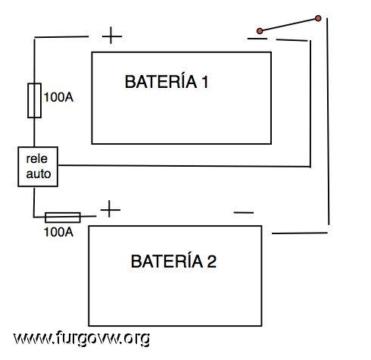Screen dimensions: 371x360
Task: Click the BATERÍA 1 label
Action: (x=167, y=81)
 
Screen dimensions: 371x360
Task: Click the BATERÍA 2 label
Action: (x=173, y=261)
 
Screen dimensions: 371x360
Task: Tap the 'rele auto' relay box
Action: (x=38, y=167)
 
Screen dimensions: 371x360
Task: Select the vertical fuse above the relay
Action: (x=34, y=100)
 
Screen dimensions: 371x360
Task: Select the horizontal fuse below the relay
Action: (x=63, y=218)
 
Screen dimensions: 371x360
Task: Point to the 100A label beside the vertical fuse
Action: (x=58, y=97)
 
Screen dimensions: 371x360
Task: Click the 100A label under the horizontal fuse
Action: (x=58, y=232)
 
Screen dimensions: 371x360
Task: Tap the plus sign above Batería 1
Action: (x=112, y=36)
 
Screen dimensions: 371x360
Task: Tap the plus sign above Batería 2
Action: (x=111, y=209)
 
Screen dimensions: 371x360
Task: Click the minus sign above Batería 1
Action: (x=257, y=39)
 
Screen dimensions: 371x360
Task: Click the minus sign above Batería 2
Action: (x=244, y=212)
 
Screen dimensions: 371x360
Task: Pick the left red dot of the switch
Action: (x=260, y=31)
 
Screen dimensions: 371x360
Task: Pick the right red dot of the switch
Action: (x=318, y=18)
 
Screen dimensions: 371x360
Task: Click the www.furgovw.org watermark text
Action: (x=82, y=338)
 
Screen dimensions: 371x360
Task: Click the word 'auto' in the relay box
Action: (x=39, y=174)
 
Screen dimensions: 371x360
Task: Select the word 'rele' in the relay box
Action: (x=37, y=159)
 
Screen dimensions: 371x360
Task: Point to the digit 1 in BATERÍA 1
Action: (x=204, y=82)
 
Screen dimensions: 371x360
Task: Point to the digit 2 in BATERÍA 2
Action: (x=212, y=261)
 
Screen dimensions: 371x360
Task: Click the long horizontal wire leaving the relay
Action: (x=184, y=166)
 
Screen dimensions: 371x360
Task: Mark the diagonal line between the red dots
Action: (x=289, y=24)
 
